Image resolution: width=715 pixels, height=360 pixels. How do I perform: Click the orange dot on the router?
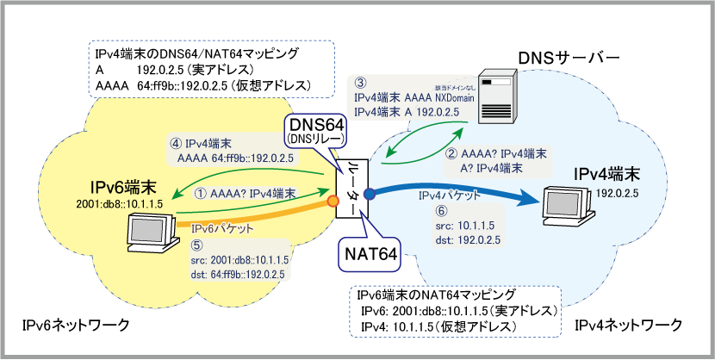coord(331,202)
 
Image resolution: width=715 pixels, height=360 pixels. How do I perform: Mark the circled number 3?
coord(361,83)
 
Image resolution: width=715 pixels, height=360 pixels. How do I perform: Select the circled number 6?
coord(443,210)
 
